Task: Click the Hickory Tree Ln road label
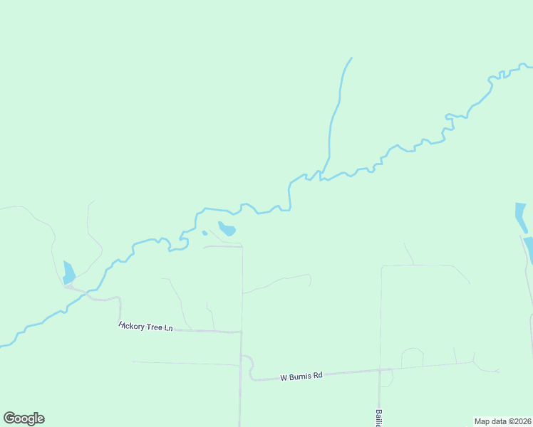(x=145, y=327)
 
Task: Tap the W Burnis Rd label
(x=301, y=375)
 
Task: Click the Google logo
(x=24, y=418)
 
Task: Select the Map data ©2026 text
(x=502, y=421)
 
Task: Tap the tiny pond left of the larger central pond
(x=205, y=233)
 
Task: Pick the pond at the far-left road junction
(x=68, y=273)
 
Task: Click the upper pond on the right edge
(x=521, y=216)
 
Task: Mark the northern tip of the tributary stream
(x=351, y=58)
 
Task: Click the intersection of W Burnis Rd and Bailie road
(x=380, y=370)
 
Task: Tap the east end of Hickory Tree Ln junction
(x=241, y=332)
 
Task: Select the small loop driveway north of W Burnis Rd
(x=412, y=357)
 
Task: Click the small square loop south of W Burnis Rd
(x=386, y=378)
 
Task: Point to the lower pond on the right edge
(x=529, y=249)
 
